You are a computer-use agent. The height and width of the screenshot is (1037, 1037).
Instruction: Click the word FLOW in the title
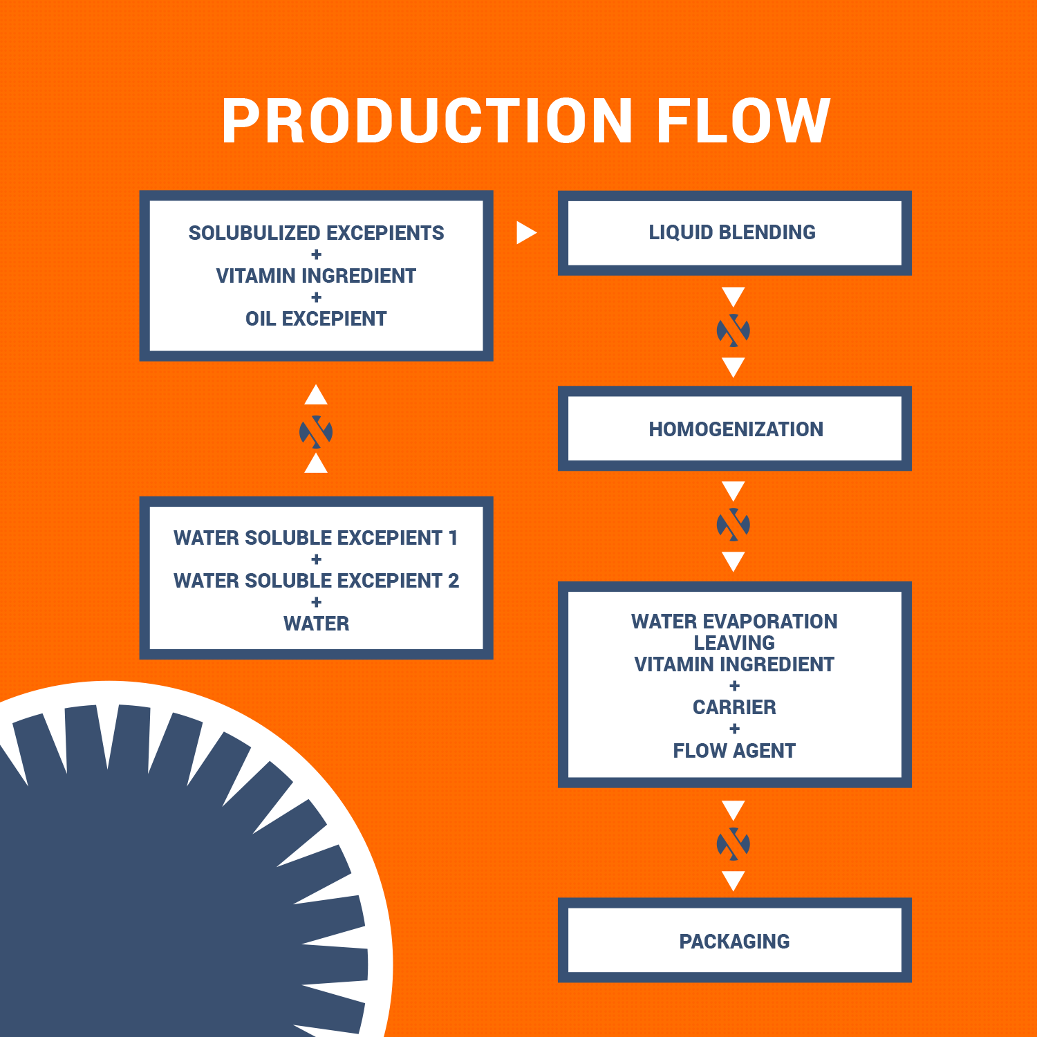point(744,121)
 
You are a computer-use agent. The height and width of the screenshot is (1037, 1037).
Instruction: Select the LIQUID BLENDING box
point(734,233)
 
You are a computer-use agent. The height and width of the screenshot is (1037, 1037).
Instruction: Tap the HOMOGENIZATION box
point(734,429)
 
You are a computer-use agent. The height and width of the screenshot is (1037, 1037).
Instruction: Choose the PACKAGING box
point(734,940)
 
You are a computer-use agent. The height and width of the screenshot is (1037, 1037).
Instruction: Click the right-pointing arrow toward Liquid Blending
point(526,232)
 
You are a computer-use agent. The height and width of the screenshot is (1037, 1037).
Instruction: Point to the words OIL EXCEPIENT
point(316,319)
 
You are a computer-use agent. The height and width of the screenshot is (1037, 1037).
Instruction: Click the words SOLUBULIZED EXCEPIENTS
point(316,233)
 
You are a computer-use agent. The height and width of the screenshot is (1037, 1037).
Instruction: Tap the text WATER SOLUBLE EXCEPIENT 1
point(316,538)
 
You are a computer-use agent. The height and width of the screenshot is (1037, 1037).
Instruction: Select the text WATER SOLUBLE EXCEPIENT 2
point(316,581)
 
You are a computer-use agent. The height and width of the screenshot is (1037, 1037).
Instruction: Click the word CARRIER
point(734,707)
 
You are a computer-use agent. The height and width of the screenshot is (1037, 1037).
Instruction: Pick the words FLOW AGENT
point(734,751)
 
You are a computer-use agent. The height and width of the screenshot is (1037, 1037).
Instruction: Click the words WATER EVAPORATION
point(734,622)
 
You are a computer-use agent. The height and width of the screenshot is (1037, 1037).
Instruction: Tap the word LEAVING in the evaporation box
point(734,643)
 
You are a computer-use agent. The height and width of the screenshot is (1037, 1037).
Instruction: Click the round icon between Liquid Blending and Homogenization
point(734,330)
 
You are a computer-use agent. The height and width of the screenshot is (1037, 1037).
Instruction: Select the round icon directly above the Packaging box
point(734,844)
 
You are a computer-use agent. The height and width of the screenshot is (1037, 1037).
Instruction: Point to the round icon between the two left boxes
point(316,432)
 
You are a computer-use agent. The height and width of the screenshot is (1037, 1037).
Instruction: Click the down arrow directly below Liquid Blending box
point(734,297)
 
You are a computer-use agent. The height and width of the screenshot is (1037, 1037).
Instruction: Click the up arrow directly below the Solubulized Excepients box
point(316,395)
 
